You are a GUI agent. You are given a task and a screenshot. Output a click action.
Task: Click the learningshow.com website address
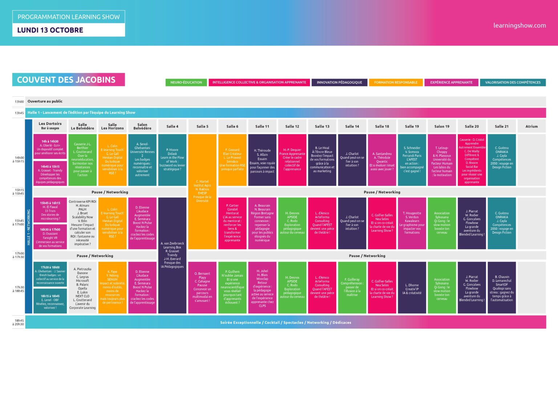coord(519,25)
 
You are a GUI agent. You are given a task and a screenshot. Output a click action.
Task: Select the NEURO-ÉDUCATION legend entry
coord(186,82)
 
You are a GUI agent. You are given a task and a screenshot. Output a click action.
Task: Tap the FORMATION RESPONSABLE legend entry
coord(396,82)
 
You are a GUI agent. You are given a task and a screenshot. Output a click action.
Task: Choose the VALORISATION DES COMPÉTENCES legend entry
coord(513,82)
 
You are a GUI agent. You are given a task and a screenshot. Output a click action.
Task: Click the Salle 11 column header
coord(262,126)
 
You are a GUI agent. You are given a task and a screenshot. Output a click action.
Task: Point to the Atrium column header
coord(531,126)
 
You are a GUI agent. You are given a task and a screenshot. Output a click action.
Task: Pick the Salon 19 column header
coord(442,126)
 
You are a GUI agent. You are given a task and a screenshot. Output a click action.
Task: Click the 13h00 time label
coord(19,102)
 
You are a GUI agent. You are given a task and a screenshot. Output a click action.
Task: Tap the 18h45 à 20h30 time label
coord(19,322)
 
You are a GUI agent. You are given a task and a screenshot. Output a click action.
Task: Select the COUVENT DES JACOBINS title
coord(66,80)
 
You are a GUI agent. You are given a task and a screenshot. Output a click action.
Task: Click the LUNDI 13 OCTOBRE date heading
coord(50,30)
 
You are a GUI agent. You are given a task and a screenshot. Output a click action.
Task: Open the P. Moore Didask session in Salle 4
coord(172,159)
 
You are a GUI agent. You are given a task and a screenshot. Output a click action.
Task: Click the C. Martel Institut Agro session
coord(202,191)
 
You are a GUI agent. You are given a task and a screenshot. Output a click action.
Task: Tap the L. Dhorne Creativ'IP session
coord(412,289)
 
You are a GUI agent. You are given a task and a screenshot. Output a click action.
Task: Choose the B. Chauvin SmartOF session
coord(502,288)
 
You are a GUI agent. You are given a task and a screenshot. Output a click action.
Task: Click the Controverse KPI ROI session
coord(82,223)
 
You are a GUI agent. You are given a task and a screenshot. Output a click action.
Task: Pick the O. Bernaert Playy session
coord(202,287)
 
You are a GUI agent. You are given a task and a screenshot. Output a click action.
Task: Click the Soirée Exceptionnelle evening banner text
coord(286,322)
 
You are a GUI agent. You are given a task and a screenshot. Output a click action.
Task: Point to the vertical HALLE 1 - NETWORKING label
coord(29,227)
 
